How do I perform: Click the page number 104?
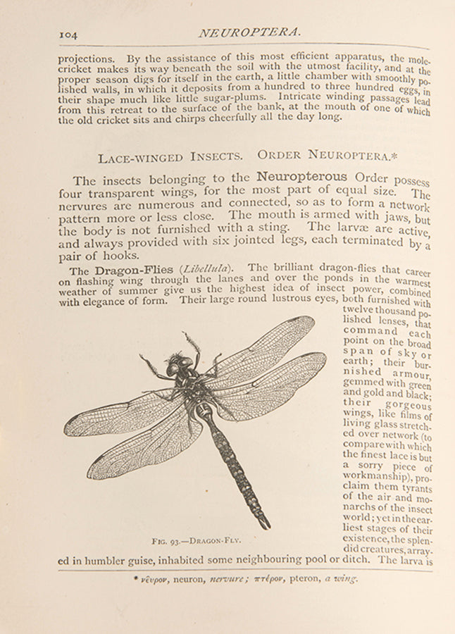(68, 33)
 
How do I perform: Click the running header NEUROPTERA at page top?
(249, 32)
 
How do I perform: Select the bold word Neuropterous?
(301, 176)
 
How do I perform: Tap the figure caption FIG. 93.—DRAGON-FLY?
(196, 540)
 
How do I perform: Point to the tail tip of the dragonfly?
(266, 525)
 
